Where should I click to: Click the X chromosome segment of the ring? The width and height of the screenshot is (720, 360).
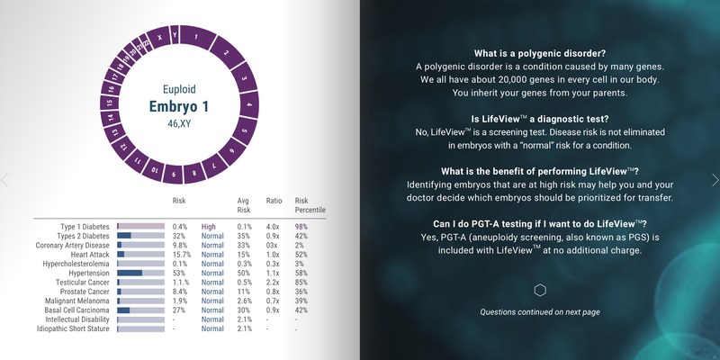point(159,38)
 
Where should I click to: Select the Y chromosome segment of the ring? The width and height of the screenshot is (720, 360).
point(175,34)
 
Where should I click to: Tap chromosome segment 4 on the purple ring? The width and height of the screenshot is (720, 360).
point(249,104)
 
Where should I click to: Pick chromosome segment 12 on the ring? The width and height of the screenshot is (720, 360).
point(122,147)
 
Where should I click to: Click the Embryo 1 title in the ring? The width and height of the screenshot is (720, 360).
point(179,107)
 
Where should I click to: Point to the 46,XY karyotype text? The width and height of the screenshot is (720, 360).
point(179,123)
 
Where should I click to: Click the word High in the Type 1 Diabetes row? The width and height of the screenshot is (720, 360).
point(208,227)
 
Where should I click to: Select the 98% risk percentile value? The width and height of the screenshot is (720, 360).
point(301,227)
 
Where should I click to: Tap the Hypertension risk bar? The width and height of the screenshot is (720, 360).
point(141,273)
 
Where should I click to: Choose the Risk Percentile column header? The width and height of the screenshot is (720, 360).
point(310,205)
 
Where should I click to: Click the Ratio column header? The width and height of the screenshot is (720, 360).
point(274,201)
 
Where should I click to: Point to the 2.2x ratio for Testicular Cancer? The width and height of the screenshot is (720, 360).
point(273,283)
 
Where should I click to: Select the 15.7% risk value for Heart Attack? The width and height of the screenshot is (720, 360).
point(182,255)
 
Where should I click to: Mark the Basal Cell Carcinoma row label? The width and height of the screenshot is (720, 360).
point(77,310)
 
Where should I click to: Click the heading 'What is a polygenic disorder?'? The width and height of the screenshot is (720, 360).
point(540,53)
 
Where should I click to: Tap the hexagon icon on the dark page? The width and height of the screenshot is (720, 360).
point(540,290)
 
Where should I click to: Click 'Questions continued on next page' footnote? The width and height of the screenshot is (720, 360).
point(540,312)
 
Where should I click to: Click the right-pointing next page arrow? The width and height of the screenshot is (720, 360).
point(715,180)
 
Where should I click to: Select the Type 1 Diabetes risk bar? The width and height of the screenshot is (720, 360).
point(141,227)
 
